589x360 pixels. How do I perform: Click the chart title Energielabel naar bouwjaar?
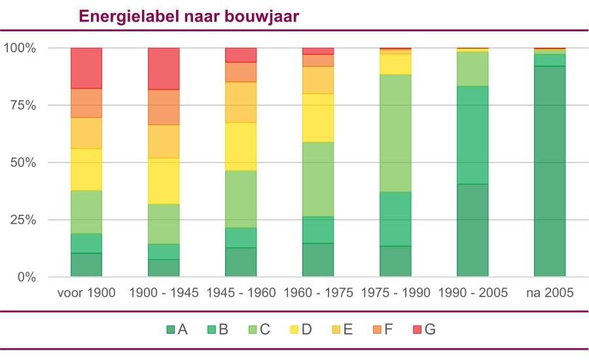pyautogui.click(x=189, y=16)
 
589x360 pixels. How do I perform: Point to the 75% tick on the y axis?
pyautogui.click(x=22, y=105)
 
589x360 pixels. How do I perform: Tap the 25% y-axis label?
pyautogui.click(x=22, y=220)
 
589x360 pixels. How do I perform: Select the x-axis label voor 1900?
pyautogui.click(x=86, y=293)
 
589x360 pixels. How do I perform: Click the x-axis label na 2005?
pyautogui.click(x=550, y=293)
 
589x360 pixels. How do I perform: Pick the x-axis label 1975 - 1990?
pyautogui.click(x=395, y=293)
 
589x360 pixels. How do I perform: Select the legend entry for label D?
pyautogui.click(x=299, y=329)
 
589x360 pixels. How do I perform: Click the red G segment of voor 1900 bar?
pyautogui.click(x=86, y=68)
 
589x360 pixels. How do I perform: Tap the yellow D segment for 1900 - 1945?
pyautogui.click(x=164, y=181)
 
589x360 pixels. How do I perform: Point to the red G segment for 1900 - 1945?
pyautogui.click(x=164, y=69)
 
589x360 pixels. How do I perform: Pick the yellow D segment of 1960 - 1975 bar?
pyautogui.click(x=318, y=118)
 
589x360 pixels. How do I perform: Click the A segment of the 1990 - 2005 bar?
pyautogui.click(x=473, y=230)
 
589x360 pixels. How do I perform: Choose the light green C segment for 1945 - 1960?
pyautogui.click(x=241, y=199)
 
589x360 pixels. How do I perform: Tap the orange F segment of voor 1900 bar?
pyautogui.click(x=86, y=103)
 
